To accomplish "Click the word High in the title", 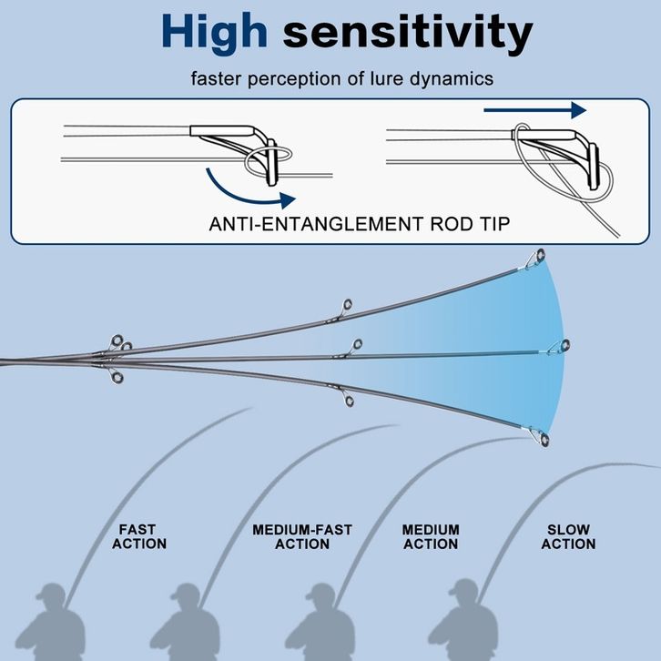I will click(x=215, y=32).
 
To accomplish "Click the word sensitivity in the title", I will click(x=407, y=32).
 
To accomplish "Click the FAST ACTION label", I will click(x=140, y=536).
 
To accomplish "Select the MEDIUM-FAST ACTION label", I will click(x=302, y=536).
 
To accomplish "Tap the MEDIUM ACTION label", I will click(x=431, y=536).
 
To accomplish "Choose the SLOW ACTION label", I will click(x=568, y=536).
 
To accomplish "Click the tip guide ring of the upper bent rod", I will click(x=540, y=254).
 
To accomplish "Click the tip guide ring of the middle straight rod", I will click(x=564, y=345).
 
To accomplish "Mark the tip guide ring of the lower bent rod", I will click(x=543, y=442).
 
